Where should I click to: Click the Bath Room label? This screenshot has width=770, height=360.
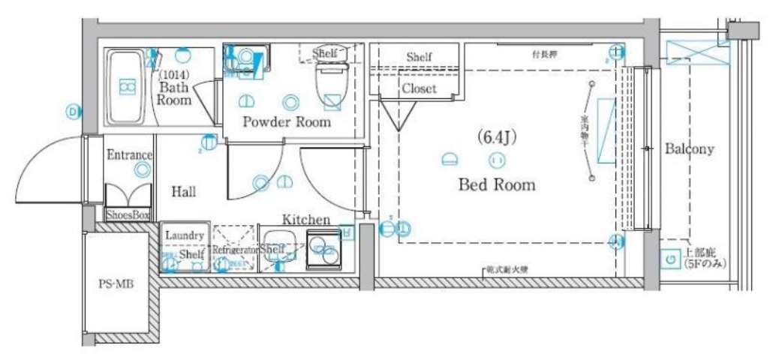(x=174, y=94)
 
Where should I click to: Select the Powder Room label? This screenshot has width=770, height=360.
(x=286, y=122)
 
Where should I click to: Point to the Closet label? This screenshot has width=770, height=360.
(x=419, y=88)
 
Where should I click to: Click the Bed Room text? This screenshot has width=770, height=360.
(x=497, y=184)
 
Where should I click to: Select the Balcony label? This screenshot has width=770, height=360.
(x=690, y=149)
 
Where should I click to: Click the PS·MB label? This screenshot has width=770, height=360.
(x=116, y=284)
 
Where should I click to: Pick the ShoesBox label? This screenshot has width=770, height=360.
(x=127, y=215)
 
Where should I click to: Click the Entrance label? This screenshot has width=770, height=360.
(x=130, y=155)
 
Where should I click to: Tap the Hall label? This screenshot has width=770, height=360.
(x=184, y=192)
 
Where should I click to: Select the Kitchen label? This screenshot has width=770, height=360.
(x=306, y=220)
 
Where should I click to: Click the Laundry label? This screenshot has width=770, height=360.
(x=184, y=235)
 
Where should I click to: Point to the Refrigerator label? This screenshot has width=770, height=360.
(x=235, y=249)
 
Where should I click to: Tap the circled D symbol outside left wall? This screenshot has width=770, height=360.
(x=73, y=112)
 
